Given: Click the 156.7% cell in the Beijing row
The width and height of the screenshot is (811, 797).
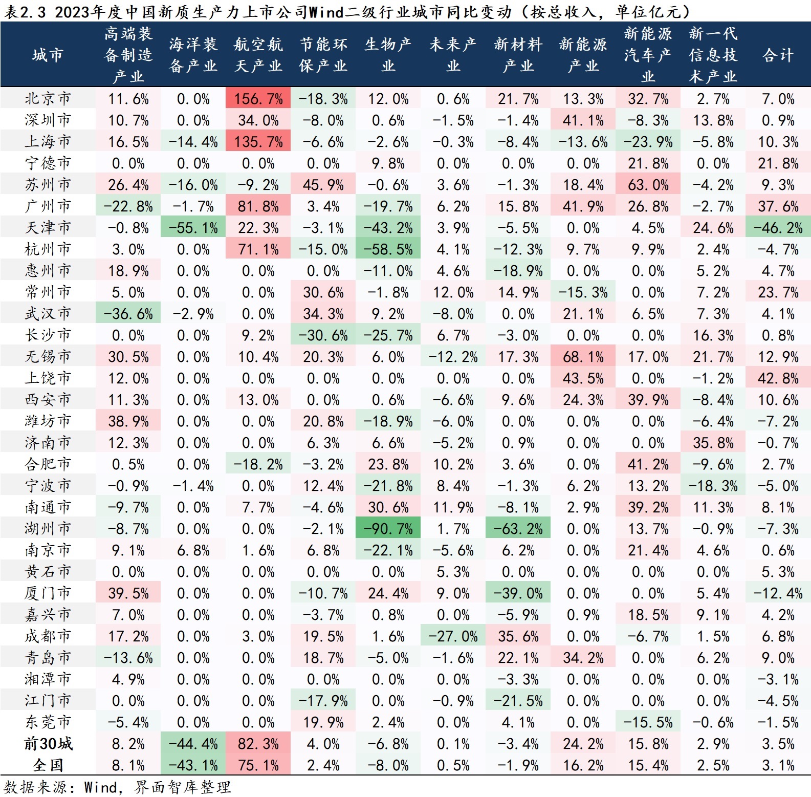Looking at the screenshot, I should (258, 98).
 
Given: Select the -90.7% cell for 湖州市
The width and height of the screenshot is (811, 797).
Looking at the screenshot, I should (388, 528).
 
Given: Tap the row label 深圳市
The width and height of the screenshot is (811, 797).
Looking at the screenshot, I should (48, 120).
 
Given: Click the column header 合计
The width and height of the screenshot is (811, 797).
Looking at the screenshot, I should (778, 55).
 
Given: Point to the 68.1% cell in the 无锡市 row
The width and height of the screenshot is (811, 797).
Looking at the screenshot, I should (583, 356).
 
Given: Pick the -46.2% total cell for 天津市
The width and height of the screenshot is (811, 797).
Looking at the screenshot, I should (778, 227).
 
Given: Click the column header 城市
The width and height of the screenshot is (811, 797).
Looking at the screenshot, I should (48, 55).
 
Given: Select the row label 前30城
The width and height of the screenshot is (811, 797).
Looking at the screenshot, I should (48, 743).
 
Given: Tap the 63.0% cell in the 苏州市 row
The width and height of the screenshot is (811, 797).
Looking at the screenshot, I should (648, 184).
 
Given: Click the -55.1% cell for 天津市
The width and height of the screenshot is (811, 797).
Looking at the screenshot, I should (193, 227).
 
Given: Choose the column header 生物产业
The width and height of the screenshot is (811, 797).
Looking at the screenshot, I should (388, 55).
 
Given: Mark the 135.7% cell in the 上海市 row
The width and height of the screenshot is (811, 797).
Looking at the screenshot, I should (258, 141).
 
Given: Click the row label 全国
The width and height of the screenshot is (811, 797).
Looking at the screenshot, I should (48, 765).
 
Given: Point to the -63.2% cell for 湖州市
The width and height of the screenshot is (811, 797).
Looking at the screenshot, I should (518, 528).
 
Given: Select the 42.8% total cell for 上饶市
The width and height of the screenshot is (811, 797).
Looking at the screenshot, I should (778, 378).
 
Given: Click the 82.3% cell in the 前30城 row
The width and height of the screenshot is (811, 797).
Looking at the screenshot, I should (258, 743).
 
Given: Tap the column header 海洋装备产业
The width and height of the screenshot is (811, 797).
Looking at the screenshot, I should (193, 55).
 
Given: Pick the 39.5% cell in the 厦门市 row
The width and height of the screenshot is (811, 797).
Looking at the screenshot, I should (128, 593).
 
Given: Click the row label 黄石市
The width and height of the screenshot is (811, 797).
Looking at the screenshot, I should (48, 571).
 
